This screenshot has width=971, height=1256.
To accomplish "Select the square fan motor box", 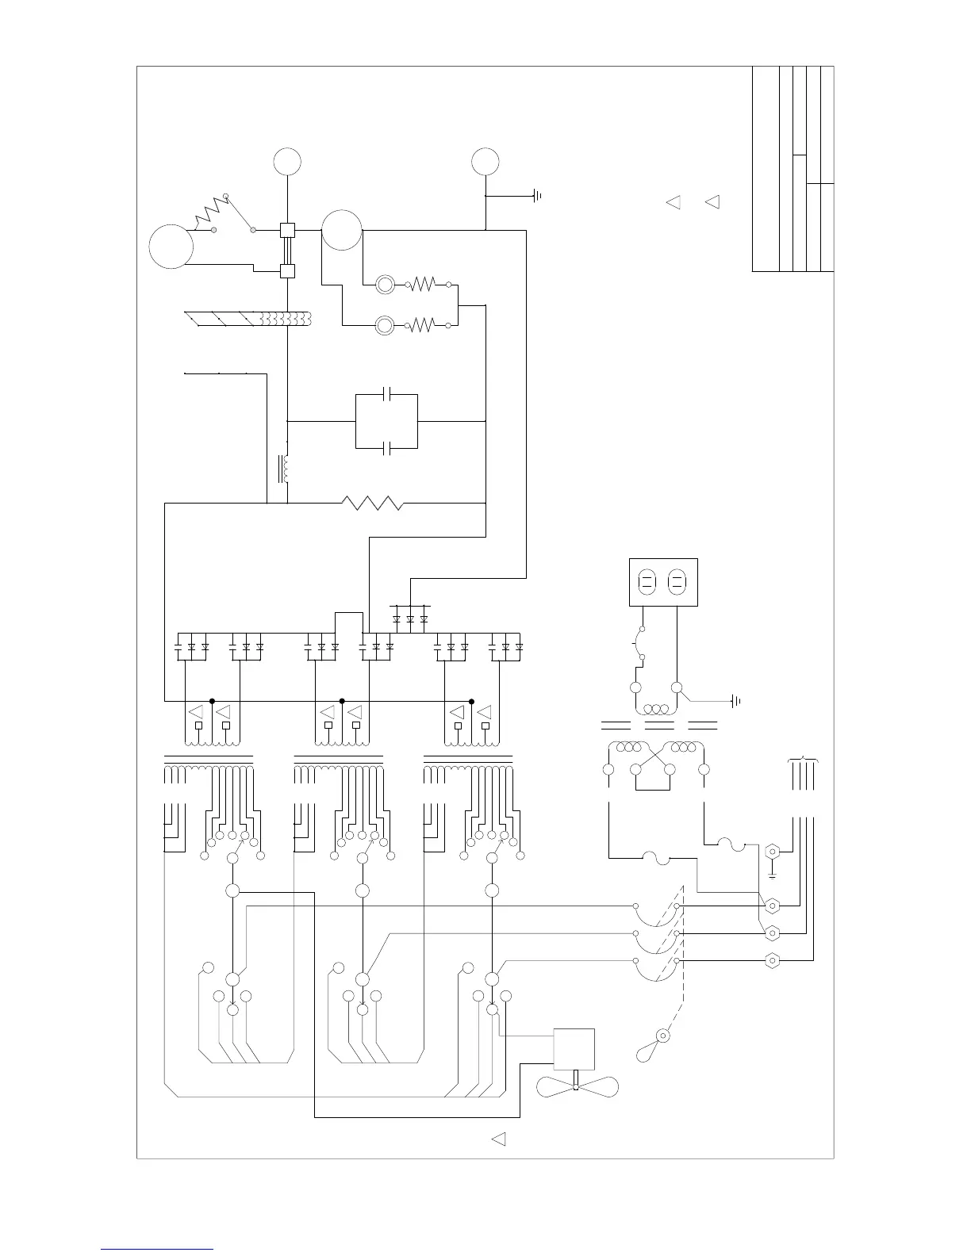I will (574, 1049).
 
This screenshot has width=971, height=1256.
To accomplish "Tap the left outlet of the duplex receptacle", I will (648, 583).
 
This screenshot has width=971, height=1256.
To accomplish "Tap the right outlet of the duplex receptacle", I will (677, 583).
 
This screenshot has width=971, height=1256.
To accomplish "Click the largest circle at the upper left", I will (171, 247).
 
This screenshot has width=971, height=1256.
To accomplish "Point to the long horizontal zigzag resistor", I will (373, 503).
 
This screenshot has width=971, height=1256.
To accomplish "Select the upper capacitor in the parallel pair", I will (386, 394).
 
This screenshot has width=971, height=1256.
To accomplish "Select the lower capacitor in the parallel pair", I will (386, 449).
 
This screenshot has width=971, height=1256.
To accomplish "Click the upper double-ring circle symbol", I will (385, 284).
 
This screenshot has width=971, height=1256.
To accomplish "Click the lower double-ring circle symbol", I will (385, 324).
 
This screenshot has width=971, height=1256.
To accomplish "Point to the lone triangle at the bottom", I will (499, 1139).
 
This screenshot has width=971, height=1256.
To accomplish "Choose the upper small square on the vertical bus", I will (287, 231).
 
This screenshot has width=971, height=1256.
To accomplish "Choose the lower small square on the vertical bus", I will (287, 271).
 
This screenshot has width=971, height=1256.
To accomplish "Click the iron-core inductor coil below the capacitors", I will (285, 469).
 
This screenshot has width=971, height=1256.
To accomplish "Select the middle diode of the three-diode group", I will (410, 618).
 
